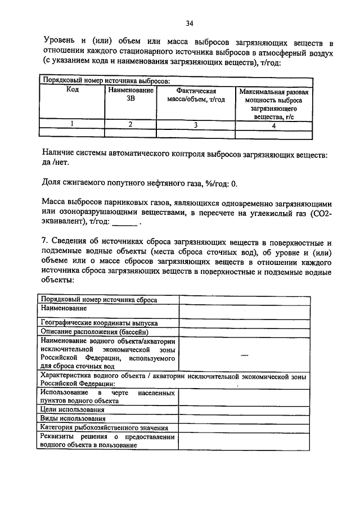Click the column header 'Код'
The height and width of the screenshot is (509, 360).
tap(72, 90)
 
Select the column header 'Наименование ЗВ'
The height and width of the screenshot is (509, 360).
tap(130, 94)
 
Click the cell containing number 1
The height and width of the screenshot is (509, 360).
tap(72, 125)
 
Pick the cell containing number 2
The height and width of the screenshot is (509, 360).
tap(130, 125)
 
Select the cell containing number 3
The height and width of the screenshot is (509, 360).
tap(196, 125)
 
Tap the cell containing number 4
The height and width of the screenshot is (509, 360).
tap(273, 125)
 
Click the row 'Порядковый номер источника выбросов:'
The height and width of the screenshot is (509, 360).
tap(106, 81)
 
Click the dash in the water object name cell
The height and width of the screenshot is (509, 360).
tap(244, 355)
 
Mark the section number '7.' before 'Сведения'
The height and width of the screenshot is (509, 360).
tap(46, 243)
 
